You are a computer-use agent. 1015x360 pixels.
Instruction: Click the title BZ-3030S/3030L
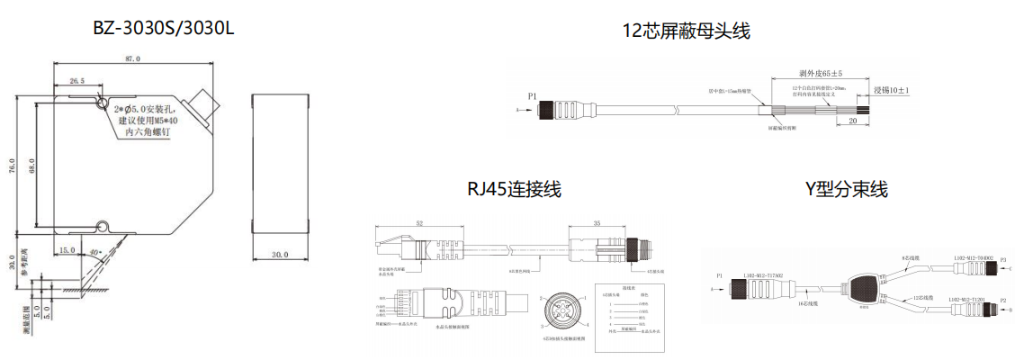tap(164, 28)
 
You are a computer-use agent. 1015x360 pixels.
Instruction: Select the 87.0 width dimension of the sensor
tap(132, 59)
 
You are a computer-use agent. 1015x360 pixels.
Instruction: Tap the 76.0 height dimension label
tap(13, 166)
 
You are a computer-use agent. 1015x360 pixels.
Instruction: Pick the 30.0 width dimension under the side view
tap(279, 255)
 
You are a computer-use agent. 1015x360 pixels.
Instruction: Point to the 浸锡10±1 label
tap(892, 91)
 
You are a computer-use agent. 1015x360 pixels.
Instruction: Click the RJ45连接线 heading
tap(514, 189)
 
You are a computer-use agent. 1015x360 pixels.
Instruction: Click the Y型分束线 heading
tap(846, 189)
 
